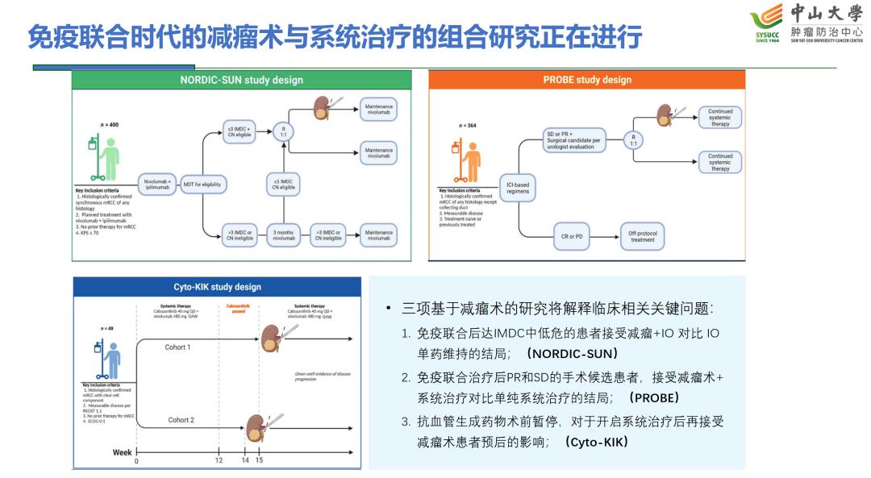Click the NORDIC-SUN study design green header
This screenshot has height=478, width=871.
[x=241, y=80]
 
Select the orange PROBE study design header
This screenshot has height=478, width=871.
[x=586, y=80]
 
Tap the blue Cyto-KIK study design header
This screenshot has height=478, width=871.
[x=217, y=287]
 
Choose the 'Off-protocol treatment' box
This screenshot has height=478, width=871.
[x=642, y=236]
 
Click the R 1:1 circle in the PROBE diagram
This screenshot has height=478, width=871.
[x=633, y=139]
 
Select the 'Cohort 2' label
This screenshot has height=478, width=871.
[x=181, y=420]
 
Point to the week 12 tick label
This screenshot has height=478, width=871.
[x=219, y=460]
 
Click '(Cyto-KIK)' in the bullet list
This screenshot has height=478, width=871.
[x=596, y=442]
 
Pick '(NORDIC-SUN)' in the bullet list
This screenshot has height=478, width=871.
[x=572, y=354]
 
